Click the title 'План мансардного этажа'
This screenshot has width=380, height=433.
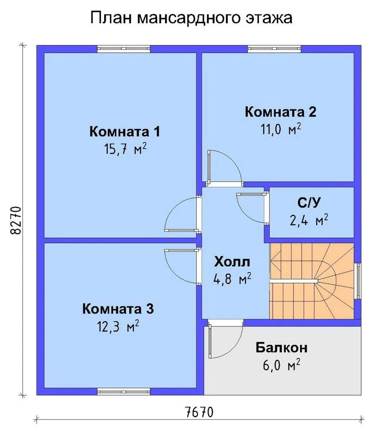pyautogui.click(x=191, y=18)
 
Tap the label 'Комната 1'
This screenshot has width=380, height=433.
pyautogui.click(x=125, y=132)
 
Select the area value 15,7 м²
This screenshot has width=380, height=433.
pyautogui.click(x=125, y=150)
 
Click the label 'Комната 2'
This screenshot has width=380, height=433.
pyautogui.click(x=280, y=112)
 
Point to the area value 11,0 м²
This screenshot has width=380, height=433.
pyautogui.click(x=281, y=129)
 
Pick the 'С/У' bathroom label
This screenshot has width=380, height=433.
pyautogui.click(x=309, y=203)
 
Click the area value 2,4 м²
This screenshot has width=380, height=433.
pyautogui.click(x=309, y=221)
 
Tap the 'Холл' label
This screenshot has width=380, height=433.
pyautogui.click(x=232, y=261)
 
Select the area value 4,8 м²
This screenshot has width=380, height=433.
pyautogui.click(x=232, y=279)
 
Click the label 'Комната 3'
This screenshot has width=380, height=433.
pyautogui.click(x=118, y=309)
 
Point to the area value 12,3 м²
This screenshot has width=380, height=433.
pyautogui.click(x=117, y=327)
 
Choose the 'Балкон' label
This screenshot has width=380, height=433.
pyautogui.click(x=281, y=347)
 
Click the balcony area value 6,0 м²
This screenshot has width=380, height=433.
pyautogui.click(x=281, y=365)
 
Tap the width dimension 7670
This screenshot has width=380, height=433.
pyautogui.click(x=199, y=413)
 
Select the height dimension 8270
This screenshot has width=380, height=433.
pyautogui.click(x=16, y=220)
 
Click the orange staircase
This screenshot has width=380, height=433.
pyautogui.click(x=312, y=281)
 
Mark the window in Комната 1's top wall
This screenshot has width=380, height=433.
pyautogui.click(x=124, y=49)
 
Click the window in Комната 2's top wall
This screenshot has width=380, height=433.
pyautogui.click(x=274, y=49)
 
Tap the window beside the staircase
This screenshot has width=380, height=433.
pyautogui.click(x=358, y=281)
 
